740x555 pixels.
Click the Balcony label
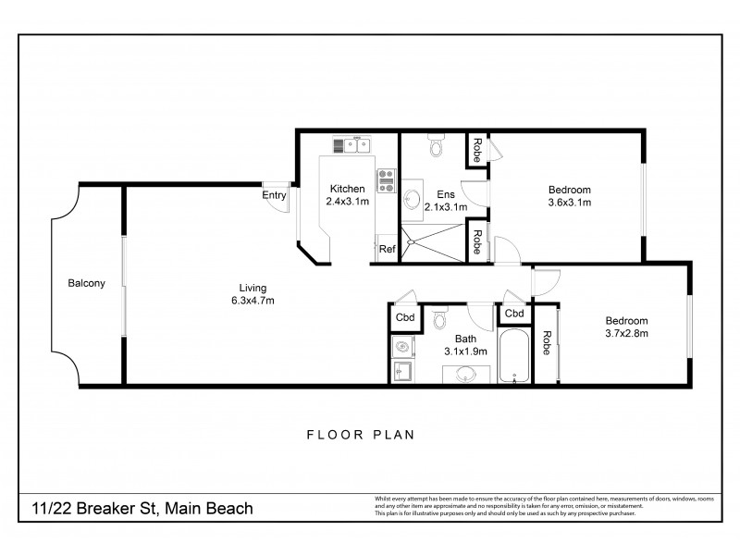85,283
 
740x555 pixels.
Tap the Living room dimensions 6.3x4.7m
252,300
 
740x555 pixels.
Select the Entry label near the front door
274,195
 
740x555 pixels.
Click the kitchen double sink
351,144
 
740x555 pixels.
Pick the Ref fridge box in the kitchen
387,249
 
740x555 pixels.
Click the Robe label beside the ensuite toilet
476,150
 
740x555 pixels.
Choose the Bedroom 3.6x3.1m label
569,195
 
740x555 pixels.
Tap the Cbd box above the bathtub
514,314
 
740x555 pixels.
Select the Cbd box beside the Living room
405,316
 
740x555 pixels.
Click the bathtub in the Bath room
513,357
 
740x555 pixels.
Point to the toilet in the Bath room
440,320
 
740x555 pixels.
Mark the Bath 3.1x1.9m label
464,345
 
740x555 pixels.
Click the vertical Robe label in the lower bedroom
547,345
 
